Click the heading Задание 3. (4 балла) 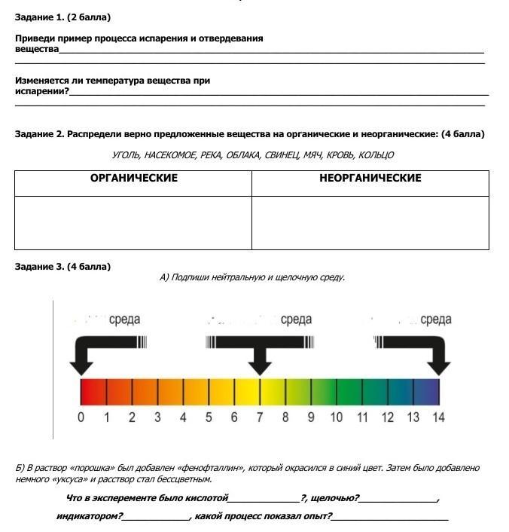62,266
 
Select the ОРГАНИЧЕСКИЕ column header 133,179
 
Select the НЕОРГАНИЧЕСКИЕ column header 370,179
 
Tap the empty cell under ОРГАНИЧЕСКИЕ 133,222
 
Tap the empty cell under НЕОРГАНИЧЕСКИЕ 370,222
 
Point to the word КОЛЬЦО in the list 376,155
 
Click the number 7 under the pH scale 260,417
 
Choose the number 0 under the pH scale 81,417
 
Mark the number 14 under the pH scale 437,417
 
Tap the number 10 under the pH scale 336,417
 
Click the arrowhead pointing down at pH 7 260,366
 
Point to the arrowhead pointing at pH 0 81,366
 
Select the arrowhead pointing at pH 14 438,366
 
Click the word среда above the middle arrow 296,320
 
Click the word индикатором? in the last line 89,516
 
